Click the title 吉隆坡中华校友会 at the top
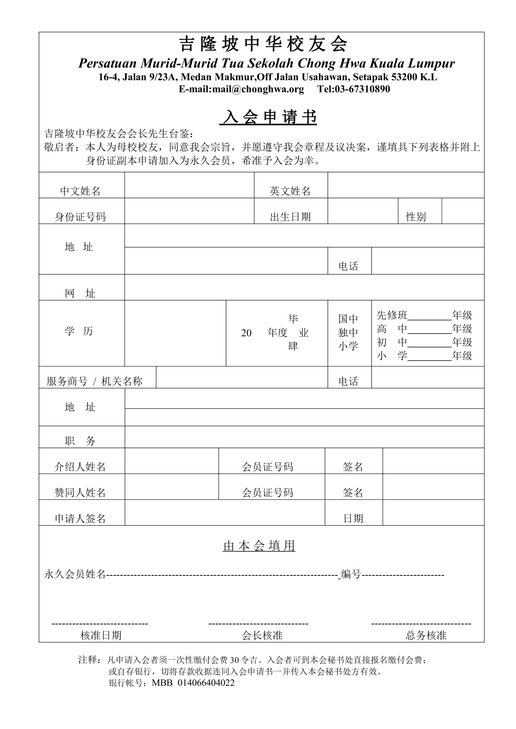[x=263, y=44]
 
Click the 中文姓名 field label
[x=80, y=191]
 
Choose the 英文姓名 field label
[x=290, y=191]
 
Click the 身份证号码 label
[x=80, y=217]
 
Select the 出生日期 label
[x=290, y=217]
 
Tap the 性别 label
[x=416, y=217]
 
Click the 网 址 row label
[x=80, y=293]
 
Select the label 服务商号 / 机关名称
[x=94, y=381]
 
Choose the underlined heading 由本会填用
[x=259, y=546]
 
